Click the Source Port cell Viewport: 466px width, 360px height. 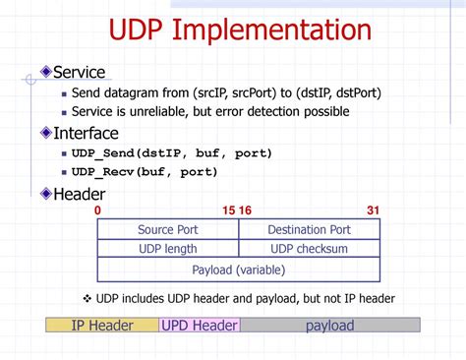coord(168,230)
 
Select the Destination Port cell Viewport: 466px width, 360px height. coord(309,230)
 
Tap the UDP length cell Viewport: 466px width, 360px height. coord(167,250)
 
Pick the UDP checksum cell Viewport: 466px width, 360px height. coord(309,250)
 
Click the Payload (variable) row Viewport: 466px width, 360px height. coord(239,270)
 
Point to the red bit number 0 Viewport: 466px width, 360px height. coord(97,210)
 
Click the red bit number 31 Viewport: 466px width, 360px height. coord(373,210)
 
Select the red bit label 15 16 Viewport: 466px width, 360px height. coord(237,210)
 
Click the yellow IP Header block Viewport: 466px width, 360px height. coord(102,326)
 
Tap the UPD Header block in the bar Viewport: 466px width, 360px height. coord(200,326)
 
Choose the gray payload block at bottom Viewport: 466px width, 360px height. coord(329,326)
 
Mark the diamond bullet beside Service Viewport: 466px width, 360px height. coord(45,73)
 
